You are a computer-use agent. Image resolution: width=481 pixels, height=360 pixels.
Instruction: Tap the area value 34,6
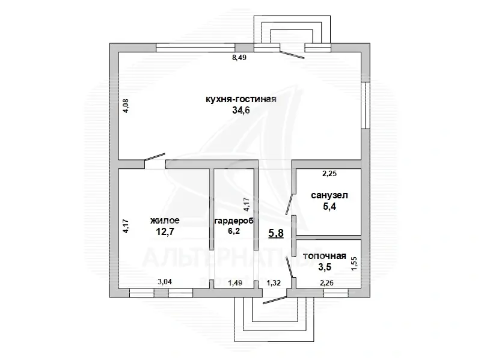(x=240, y=111)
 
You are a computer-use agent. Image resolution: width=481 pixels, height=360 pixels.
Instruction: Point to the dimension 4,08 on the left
(x=126, y=106)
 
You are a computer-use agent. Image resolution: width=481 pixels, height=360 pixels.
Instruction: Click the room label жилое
(x=165, y=221)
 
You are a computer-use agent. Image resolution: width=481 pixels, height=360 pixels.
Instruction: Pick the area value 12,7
(x=165, y=231)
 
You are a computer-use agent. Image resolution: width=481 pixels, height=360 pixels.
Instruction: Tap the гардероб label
(x=231, y=221)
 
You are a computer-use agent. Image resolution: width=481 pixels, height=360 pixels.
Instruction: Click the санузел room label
(x=329, y=196)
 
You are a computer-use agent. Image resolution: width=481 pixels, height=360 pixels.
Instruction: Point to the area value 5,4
(x=329, y=207)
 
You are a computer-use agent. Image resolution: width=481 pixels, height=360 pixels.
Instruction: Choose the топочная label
(x=324, y=257)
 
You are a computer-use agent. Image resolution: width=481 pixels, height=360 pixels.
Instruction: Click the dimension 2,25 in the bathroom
(x=329, y=174)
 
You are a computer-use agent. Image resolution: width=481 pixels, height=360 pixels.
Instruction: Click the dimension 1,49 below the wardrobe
(x=235, y=282)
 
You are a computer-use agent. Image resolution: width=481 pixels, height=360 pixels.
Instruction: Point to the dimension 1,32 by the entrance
(x=274, y=282)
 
